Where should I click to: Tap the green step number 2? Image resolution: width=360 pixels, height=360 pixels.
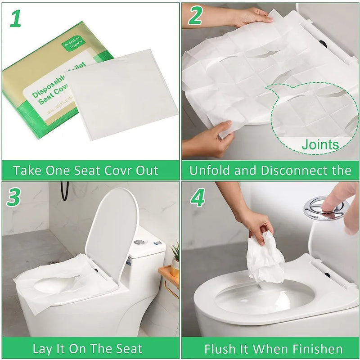(x=195, y=17)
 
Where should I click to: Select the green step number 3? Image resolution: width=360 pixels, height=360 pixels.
(x=14, y=197)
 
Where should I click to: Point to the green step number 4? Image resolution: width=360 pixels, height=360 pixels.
(x=198, y=197)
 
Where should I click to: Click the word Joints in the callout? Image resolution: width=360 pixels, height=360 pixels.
(x=320, y=144)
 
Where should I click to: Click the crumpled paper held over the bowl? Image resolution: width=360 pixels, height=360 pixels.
(x=265, y=259)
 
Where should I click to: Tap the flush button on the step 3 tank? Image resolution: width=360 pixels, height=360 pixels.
(x=139, y=242)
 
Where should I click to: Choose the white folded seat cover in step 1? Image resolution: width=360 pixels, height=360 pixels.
(x=121, y=94)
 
